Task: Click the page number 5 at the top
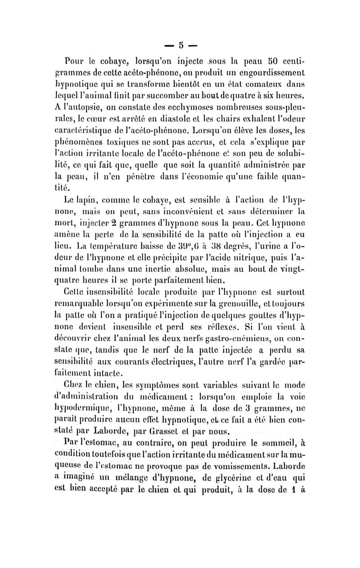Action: (180, 45)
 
